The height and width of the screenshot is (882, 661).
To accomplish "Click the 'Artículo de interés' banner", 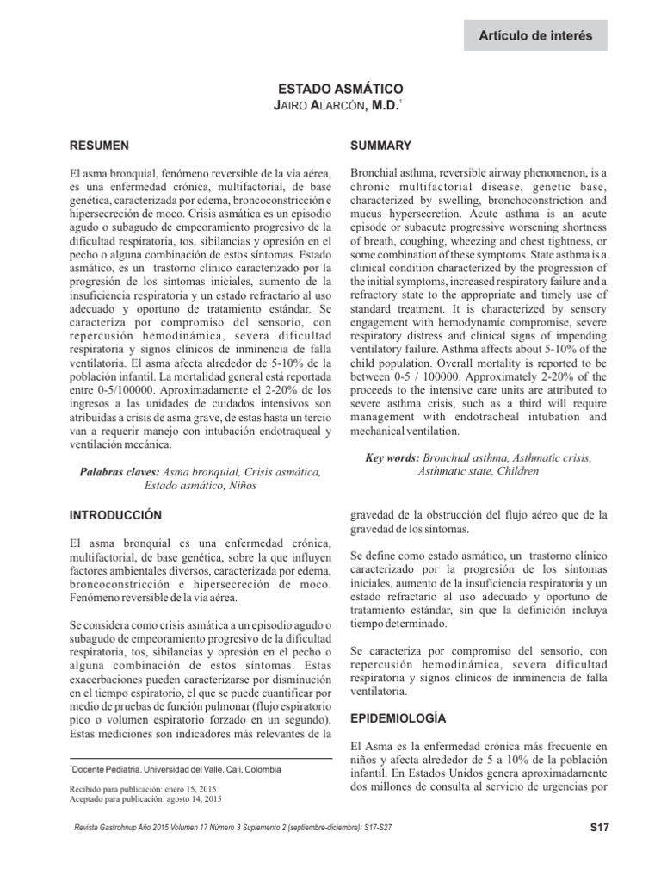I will coord(536,35).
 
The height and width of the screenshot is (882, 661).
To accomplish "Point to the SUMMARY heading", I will coord(381,146).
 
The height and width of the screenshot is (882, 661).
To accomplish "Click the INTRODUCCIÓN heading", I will coord(116,514).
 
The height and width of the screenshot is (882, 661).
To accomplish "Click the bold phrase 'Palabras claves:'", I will coord(120,472).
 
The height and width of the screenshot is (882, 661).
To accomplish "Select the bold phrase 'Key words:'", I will coord(391,457).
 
